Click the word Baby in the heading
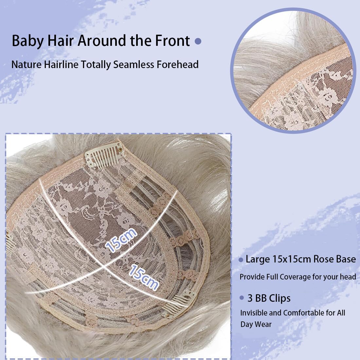(27, 41)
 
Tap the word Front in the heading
(172, 41)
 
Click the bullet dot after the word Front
(198, 41)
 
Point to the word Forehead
(178, 64)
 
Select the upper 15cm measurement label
(121, 240)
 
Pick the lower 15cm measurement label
(144, 277)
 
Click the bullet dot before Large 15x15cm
(241, 260)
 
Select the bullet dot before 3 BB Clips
(242, 298)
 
